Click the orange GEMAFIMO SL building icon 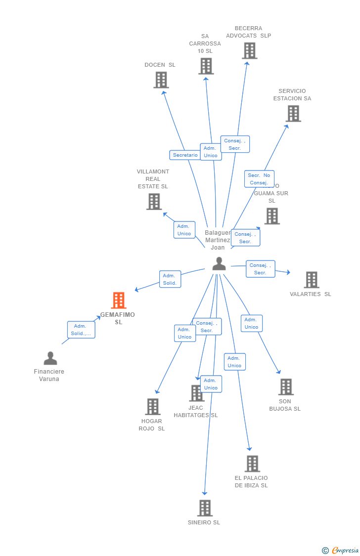click(x=119, y=300)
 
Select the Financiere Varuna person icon click(x=50, y=358)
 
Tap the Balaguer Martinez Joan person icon click(x=219, y=264)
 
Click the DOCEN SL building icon click(x=161, y=80)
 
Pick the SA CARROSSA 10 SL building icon click(x=206, y=66)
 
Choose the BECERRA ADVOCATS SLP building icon click(x=249, y=50)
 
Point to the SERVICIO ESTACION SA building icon click(x=293, y=113)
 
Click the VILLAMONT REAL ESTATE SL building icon click(x=154, y=201)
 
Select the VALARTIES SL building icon click(x=311, y=280)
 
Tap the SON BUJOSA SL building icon click(x=285, y=386)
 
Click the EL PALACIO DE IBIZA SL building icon click(x=252, y=464)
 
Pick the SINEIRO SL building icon click(x=204, y=508)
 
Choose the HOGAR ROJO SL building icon click(x=152, y=406)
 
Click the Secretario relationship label click(x=185, y=155)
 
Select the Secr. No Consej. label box click(x=259, y=179)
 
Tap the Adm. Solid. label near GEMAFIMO click(x=170, y=279)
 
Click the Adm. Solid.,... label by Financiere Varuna click(x=81, y=330)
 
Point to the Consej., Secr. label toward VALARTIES click(x=260, y=269)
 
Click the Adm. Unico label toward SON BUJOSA click(x=251, y=323)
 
